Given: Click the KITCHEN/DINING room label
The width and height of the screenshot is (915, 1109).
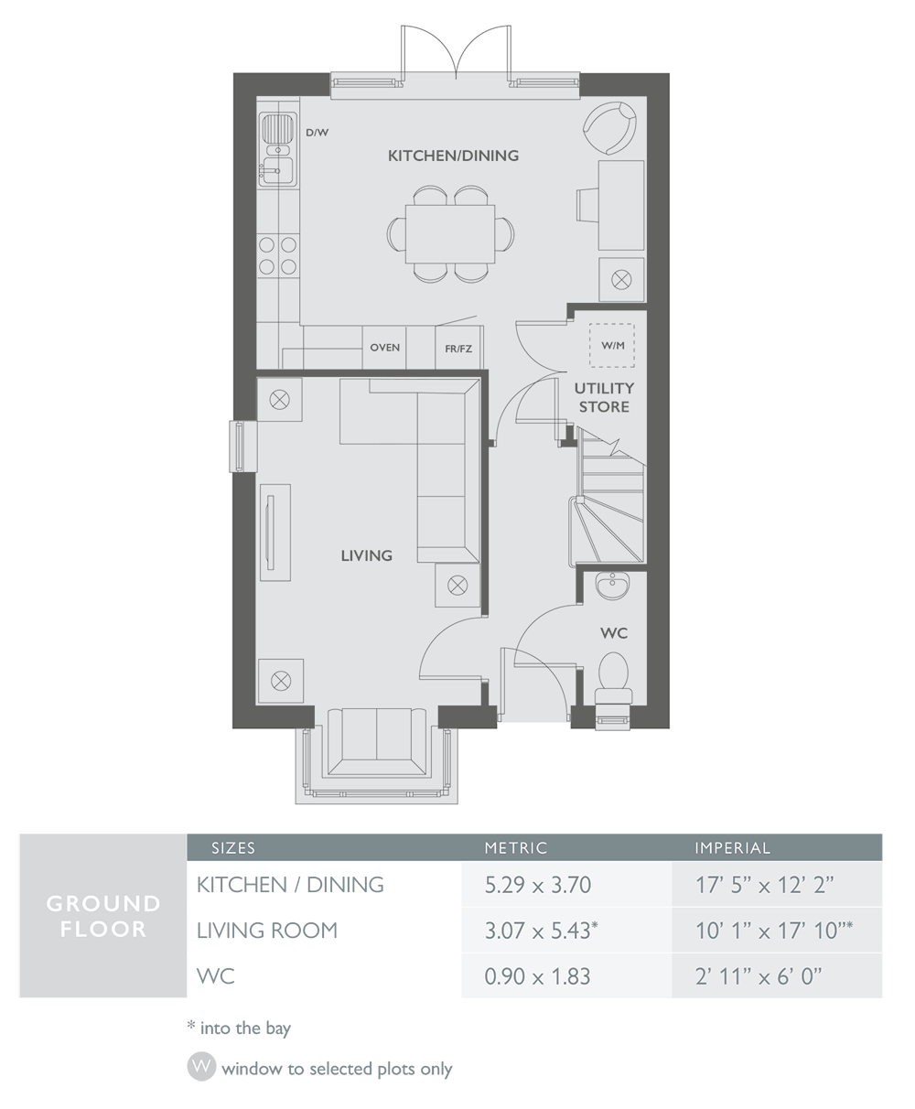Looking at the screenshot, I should [x=453, y=156].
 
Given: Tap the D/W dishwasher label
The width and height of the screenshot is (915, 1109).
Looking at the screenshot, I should [x=317, y=133].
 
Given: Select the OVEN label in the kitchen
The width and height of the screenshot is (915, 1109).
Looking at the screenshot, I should [x=385, y=348].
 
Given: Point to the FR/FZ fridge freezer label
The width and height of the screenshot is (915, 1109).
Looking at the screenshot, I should [x=458, y=349].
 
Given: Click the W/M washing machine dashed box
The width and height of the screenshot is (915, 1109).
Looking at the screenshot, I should [x=612, y=345].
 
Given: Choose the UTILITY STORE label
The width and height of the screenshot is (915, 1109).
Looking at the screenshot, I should [x=604, y=397].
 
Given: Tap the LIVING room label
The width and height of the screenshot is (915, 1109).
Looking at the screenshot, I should [x=366, y=555].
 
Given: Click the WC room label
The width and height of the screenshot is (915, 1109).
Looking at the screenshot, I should [x=614, y=633].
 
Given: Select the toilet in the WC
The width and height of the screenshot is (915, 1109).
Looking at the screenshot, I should [x=611, y=677].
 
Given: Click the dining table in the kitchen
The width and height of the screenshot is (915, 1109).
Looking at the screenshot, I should [x=450, y=232].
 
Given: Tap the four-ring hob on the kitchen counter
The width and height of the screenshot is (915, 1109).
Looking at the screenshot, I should [x=278, y=255].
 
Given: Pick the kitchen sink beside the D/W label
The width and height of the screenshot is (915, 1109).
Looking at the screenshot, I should [x=277, y=150].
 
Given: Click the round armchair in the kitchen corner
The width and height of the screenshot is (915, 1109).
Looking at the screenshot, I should [x=610, y=127].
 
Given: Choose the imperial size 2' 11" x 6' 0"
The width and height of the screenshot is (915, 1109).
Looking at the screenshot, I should [x=759, y=976].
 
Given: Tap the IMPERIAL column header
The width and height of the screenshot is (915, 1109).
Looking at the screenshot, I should [x=732, y=848].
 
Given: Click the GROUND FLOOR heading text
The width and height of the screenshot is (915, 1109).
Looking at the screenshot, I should [x=103, y=916].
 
